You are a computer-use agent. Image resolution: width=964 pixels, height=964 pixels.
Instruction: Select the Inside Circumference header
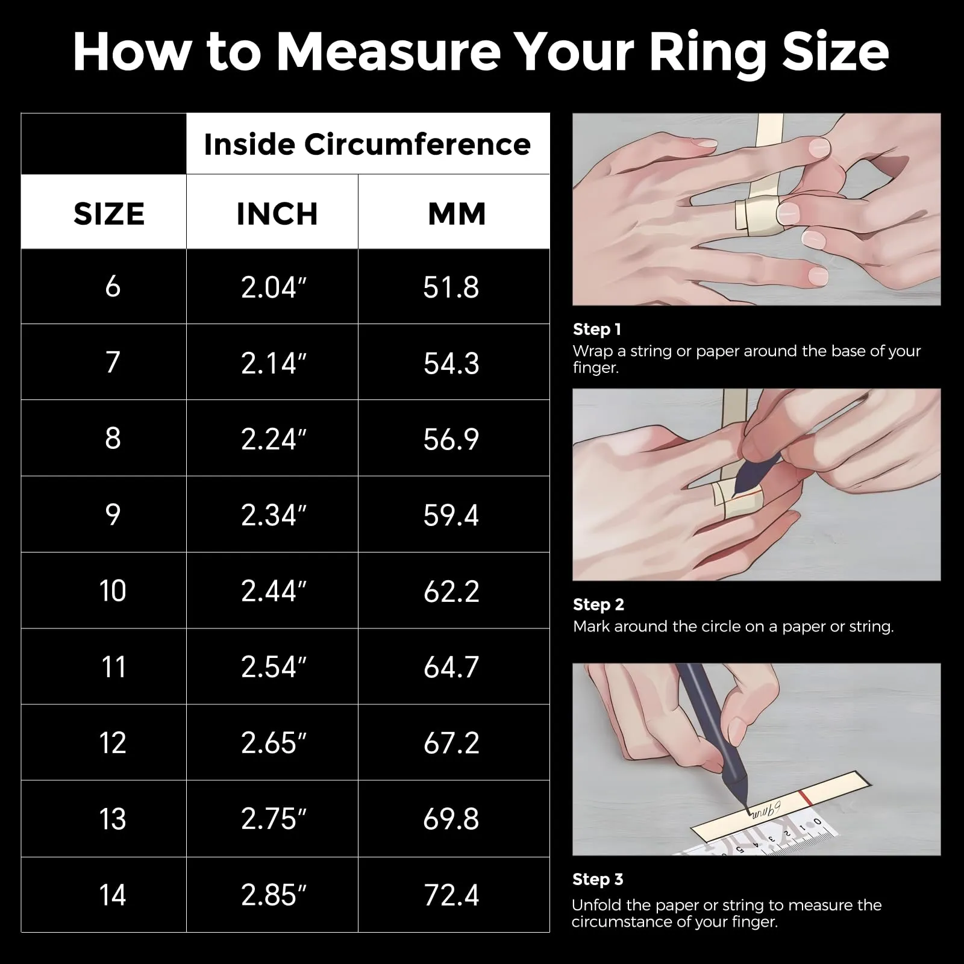(368, 144)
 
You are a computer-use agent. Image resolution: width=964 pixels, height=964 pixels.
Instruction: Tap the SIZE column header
(109, 214)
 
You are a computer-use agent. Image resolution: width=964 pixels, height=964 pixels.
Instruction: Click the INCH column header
(277, 214)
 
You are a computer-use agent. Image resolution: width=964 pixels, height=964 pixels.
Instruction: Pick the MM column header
(457, 214)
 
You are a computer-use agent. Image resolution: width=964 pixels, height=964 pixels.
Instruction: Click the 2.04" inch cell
(274, 287)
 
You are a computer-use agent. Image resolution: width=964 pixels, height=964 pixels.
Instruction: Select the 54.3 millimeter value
(451, 363)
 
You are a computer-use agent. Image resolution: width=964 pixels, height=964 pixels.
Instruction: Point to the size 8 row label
(113, 438)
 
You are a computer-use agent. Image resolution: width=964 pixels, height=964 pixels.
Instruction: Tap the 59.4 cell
(451, 515)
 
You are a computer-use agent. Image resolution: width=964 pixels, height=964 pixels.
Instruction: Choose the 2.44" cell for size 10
(274, 591)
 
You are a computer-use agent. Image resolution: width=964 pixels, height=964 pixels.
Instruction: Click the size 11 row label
(113, 667)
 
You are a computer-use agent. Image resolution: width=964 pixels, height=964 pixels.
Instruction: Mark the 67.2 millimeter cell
(451, 743)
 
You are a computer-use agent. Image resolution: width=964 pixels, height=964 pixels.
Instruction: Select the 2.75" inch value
(274, 819)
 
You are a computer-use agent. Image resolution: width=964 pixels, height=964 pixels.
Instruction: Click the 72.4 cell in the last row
(451, 895)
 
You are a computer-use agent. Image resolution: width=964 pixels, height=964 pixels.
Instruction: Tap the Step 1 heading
(597, 330)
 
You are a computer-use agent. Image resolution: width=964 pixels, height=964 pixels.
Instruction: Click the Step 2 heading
(599, 605)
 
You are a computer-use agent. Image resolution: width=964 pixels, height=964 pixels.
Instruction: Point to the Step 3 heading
(598, 880)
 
